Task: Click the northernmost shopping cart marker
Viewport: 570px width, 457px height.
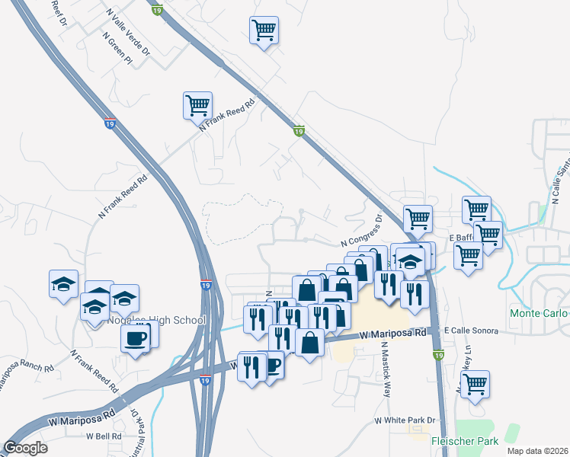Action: click(264, 31)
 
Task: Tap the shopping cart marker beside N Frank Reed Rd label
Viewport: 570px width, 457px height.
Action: click(197, 105)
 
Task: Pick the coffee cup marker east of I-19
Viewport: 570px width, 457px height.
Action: click(271, 366)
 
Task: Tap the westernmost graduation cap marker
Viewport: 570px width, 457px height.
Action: click(64, 285)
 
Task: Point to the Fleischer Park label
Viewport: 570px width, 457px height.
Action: click(465, 441)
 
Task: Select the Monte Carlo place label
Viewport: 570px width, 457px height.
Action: click(539, 314)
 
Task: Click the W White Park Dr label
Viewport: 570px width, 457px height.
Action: click(404, 420)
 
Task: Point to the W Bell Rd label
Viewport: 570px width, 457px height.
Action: click(104, 436)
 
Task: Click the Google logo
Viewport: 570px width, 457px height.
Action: click(26, 447)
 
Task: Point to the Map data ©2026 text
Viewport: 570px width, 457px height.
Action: click(538, 451)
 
